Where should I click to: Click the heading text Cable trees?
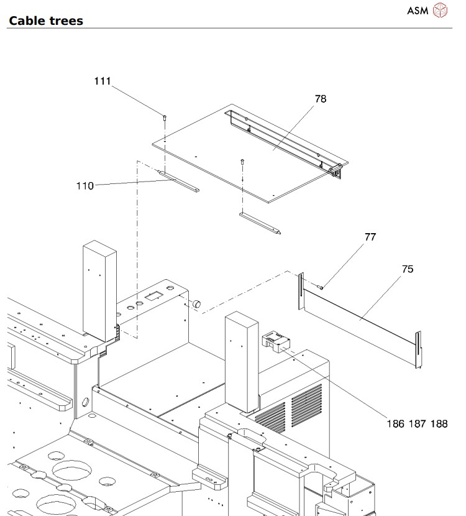[46, 21]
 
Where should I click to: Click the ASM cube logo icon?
[439, 10]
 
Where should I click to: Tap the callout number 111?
[103, 81]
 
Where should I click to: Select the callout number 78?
[321, 99]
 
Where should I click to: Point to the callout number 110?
[85, 185]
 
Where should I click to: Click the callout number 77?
[371, 237]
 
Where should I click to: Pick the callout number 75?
[408, 270]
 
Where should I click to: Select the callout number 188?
[439, 423]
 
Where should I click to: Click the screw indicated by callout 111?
[165, 116]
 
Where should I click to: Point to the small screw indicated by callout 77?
[321, 287]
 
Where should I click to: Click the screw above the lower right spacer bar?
[241, 161]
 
